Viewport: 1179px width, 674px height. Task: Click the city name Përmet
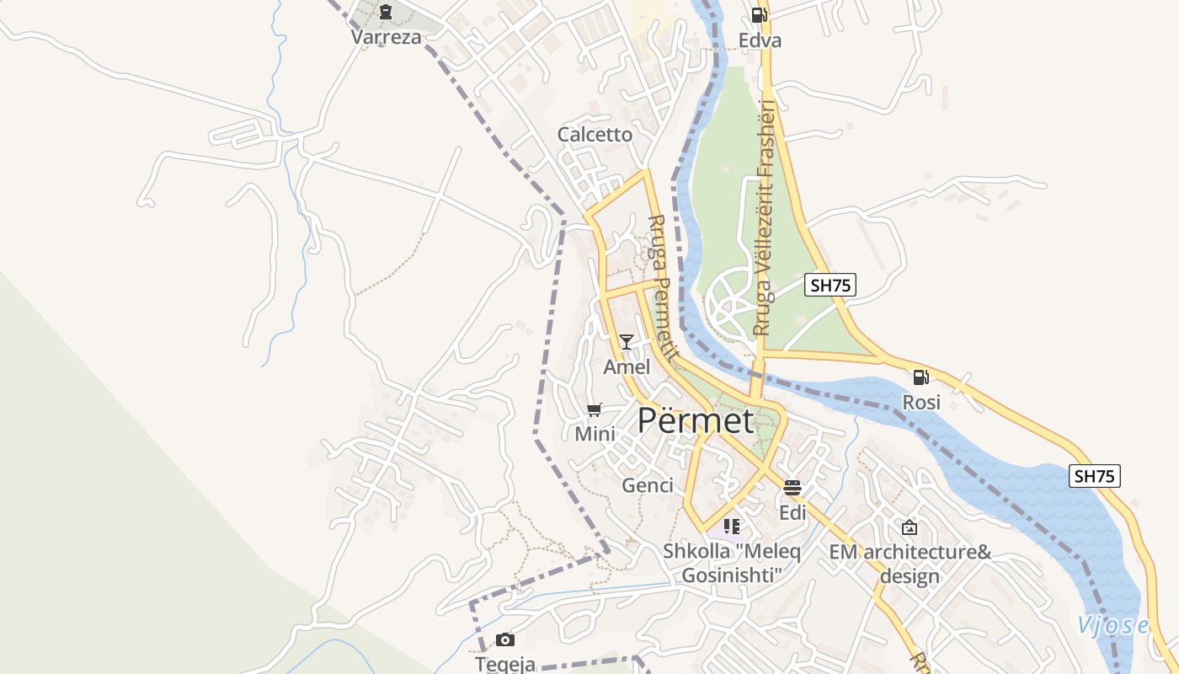(x=695, y=420)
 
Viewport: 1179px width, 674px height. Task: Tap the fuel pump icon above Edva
(x=758, y=14)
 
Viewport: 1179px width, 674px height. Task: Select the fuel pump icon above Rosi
(x=920, y=377)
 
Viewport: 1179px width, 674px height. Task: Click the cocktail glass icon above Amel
(x=627, y=341)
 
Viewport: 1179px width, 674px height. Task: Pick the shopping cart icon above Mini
(x=595, y=410)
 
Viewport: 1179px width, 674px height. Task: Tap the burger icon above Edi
(x=792, y=487)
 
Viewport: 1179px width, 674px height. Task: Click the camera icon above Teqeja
(x=505, y=639)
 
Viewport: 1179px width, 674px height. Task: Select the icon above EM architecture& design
(x=910, y=528)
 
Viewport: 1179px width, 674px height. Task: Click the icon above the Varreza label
(x=386, y=12)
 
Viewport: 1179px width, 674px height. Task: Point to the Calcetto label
(x=595, y=135)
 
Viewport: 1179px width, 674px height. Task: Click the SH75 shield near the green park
(x=830, y=285)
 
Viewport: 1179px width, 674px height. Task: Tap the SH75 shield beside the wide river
(x=1095, y=476)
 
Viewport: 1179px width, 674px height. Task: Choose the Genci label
(x=648, y=485)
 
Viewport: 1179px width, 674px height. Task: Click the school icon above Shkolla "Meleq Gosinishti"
(x=731, y=527)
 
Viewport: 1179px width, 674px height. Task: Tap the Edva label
(x=760, y=40)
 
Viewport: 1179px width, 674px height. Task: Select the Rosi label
(x=921, y=403)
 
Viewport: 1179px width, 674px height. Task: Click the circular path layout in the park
(x=729, y=301)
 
